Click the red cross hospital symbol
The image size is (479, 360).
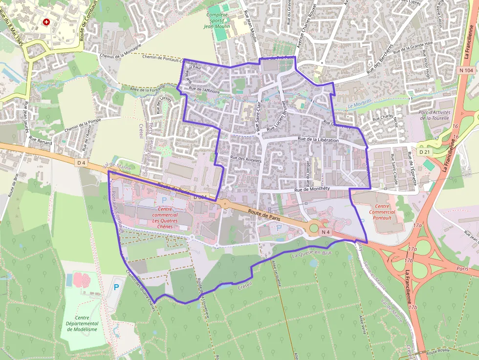(x=46, y=22)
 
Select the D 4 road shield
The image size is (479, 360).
(x=81, y=162)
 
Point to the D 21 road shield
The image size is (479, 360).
(x=424, y=152)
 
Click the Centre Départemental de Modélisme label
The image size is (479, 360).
(x=82, y=323)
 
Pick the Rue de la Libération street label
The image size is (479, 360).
(x=318, y=140)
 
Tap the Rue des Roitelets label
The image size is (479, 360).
(x=246, y=159)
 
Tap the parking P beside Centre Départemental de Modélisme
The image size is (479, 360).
(x=116, y=287)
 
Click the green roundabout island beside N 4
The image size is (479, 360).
(x=314, y=228)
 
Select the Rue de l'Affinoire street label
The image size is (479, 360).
(x=204, y=90)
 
